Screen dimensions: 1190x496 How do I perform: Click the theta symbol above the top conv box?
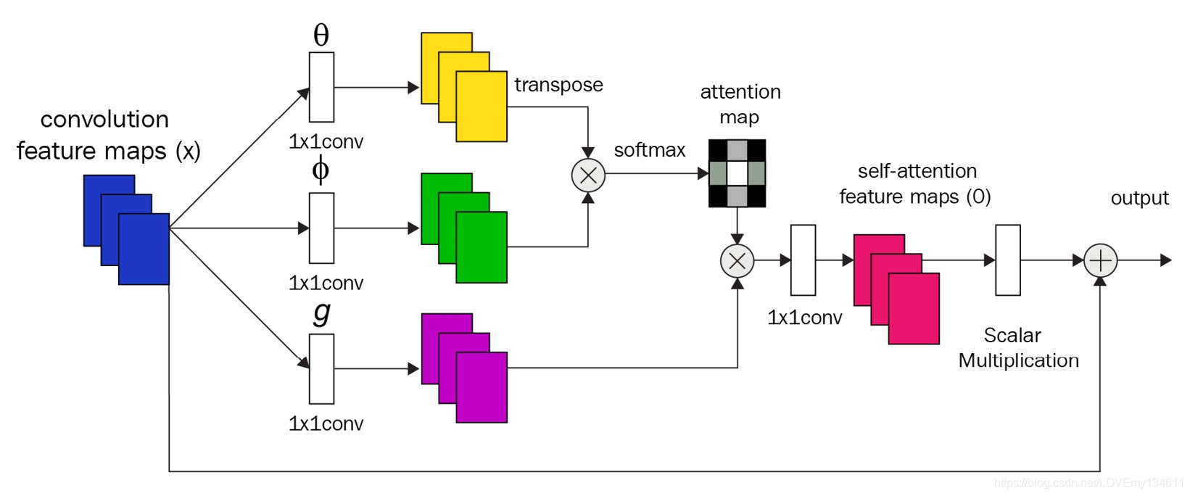321,35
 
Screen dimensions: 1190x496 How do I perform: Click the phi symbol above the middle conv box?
321,170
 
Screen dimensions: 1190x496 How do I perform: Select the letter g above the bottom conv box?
321,313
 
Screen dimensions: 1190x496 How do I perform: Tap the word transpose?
558,85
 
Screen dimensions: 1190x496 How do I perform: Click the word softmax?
649,150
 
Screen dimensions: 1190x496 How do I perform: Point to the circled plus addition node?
1100,261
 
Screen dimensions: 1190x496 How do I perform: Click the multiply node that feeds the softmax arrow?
588,175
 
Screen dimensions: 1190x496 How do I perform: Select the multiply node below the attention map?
737,261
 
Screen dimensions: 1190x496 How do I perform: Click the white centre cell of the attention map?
737,173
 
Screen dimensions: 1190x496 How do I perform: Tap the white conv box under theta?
321,87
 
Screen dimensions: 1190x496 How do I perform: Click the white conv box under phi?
321,228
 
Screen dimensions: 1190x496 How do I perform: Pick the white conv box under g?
321,368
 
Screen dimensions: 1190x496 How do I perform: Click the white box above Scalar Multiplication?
1008,260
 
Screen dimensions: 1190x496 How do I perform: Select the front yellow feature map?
482,106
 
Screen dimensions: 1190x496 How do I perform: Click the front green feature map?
482,247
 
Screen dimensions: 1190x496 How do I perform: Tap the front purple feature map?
482,387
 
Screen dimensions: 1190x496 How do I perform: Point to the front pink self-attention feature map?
914,308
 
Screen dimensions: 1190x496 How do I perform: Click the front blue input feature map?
144,249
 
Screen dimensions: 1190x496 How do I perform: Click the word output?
1139,198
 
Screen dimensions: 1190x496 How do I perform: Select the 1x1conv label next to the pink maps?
804,318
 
